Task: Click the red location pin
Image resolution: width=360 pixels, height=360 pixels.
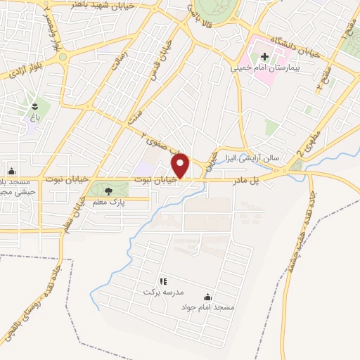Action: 181,165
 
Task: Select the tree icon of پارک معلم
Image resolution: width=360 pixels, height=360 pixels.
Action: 108,191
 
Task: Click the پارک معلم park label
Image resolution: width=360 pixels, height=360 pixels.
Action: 108,202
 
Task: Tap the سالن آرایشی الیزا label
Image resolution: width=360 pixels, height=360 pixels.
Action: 252,157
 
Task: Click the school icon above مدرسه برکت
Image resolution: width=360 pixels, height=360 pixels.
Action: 163,281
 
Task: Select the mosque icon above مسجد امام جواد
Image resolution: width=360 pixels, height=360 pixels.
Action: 207,297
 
